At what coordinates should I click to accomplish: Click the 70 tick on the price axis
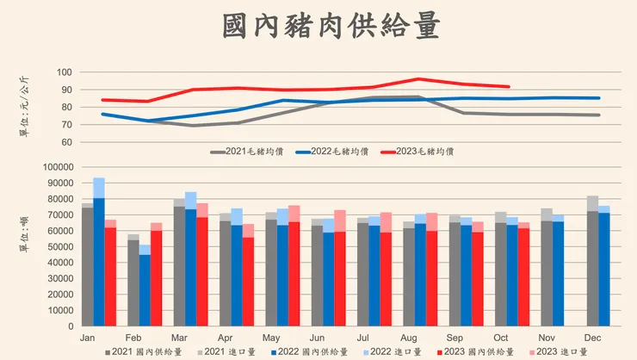(68, 125)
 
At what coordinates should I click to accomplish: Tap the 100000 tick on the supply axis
(58, 167)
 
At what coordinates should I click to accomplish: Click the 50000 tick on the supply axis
(60, 247)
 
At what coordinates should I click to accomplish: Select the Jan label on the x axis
(87, 338)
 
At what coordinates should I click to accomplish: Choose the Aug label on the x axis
(409, 338)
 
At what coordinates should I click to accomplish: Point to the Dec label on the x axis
(593, 338)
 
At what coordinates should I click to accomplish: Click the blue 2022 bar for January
(99, 258)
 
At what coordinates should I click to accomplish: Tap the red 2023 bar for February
(156, 276)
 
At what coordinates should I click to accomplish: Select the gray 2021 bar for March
(179, 263)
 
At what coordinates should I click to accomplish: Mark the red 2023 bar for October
(523, 276)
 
